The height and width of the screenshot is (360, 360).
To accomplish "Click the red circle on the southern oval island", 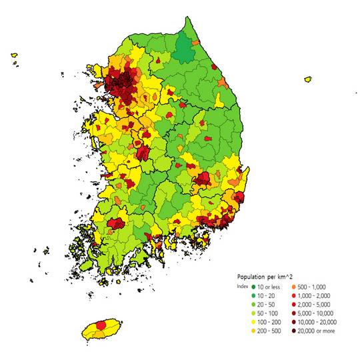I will pos(101,325).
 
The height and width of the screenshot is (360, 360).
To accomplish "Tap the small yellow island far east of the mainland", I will pos(308,79).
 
